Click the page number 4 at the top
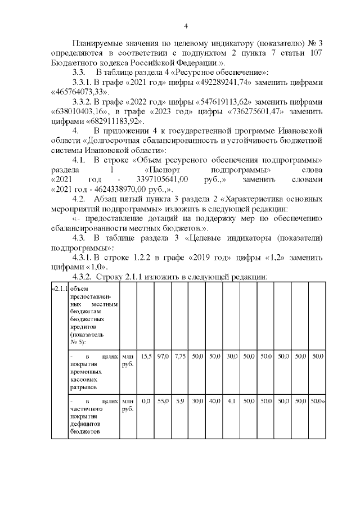[x=186, y=26]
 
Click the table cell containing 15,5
[x=146, y=357]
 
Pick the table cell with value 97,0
[x=163, y=357]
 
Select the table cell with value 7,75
[x=180, y=357]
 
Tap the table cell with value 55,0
[x=163, y=402]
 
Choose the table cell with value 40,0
[x=214, y=402]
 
